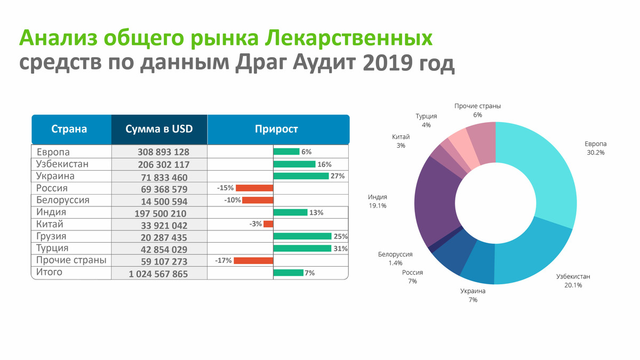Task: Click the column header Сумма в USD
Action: pos(159,129)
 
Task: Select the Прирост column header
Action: pos(276,129)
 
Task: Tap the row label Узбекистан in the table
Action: pos(62,164)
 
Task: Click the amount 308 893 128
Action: pos(163,151)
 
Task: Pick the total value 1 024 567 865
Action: pos(158,274)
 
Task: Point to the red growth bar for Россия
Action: pos(254,188)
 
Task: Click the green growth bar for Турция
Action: pos(302,249)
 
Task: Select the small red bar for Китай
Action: pos(268,224)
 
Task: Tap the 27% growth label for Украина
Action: pos(338,176)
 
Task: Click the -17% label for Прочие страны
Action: pos(223,261)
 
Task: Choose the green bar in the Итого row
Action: pos(289,273)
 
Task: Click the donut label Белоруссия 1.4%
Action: pos(395,258)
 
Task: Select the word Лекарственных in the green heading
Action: pos(349,38)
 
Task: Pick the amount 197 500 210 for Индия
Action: pos(161,213)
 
